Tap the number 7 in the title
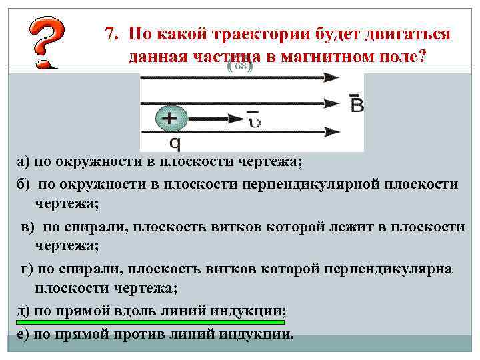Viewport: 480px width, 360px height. [111, 34]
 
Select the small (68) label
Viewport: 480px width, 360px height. [241, 67]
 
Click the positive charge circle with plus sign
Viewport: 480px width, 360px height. [171, 119]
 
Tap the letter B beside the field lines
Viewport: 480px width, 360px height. [357, 103]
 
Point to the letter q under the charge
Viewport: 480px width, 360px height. [175, 142]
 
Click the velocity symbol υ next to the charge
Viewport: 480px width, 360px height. [254, 120]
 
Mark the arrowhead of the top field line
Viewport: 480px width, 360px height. [331, 77]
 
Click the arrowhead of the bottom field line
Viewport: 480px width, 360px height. [331, 131]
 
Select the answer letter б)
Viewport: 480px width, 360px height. [24, 184]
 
